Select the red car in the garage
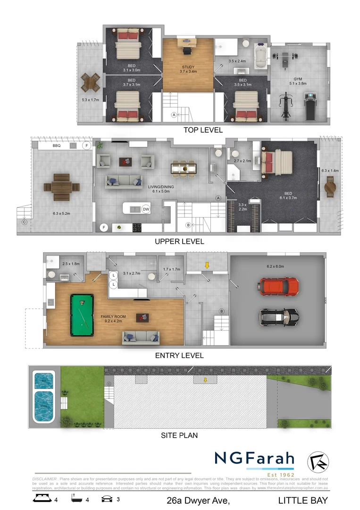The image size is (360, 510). pyautogui.click(x=279, y=286)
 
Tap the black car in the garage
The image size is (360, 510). pyautogui.click(x=279, y=316)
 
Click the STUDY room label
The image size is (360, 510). pyautogui.click(x=187, y=68)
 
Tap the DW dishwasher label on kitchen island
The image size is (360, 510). pyautogui.click(x=146, y=209)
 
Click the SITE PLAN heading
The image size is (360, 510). pyautogui.click(x=179, y=435)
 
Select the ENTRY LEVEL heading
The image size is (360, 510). pyautogui.click(x=179, y=355)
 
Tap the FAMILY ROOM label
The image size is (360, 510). pyautogui.click(x=113, y=317)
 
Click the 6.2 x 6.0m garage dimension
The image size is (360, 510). pyautogui.click(x=276, y=266)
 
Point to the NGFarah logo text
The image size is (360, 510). pyautogui.click(x=254, y=458)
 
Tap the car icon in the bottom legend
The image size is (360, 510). pyautogui.click(x=107, y=498)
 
